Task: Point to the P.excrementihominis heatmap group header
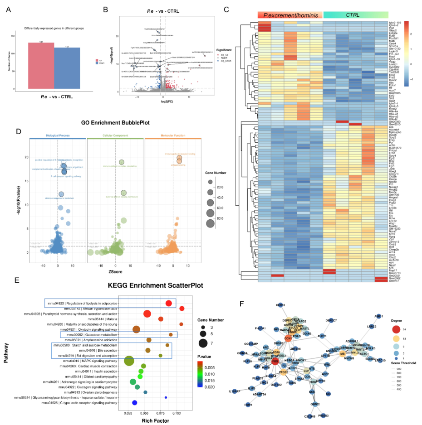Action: coord(290,15)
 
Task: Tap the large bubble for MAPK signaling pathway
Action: coord(129,361)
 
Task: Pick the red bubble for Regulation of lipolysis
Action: coord(169,303)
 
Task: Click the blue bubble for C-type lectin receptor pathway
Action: coord(134,402)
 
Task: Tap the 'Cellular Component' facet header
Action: coord(115,135)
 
